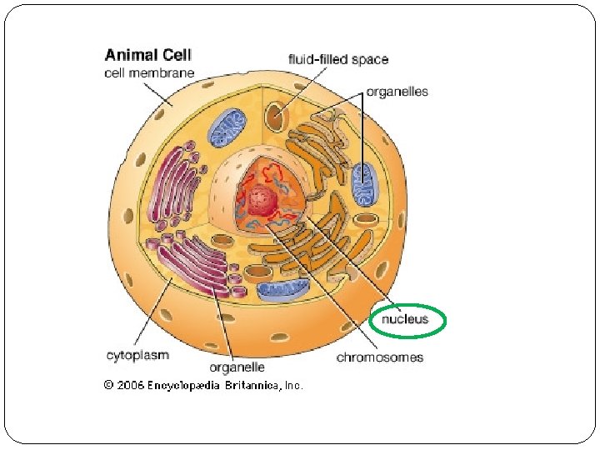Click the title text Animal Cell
147,56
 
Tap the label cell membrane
149,72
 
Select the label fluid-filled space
337,59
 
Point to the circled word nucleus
405,318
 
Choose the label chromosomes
379,357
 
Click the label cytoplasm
137,355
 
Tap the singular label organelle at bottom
237,367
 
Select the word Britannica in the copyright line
252,385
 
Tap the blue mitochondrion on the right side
362,184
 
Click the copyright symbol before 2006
108,385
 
